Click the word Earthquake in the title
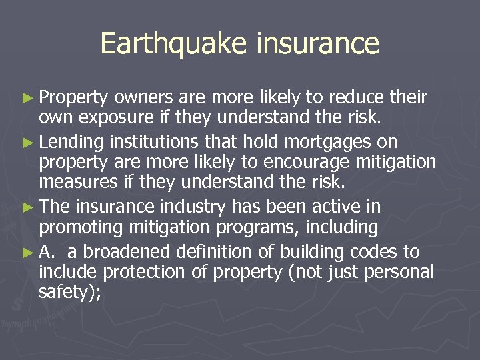click(174, 44)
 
